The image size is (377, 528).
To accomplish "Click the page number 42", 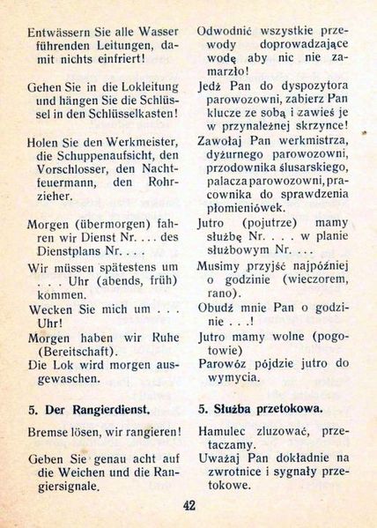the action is pos(189,505).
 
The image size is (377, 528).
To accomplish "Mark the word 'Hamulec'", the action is pos(224,433).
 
